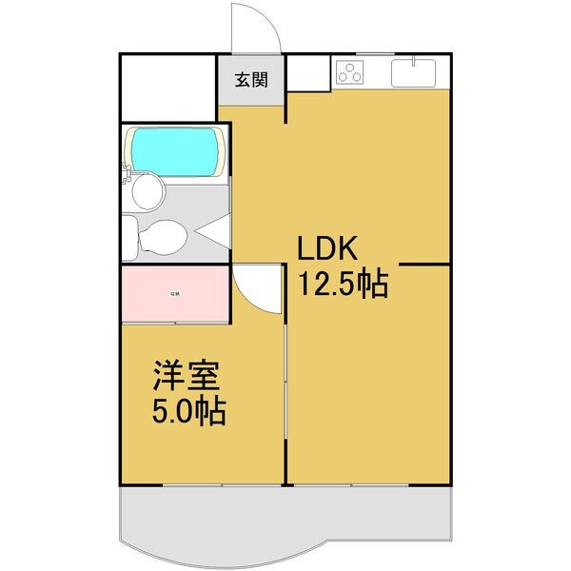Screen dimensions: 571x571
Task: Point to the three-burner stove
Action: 350,72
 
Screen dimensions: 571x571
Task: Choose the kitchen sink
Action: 414,72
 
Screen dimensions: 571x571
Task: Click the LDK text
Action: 328,250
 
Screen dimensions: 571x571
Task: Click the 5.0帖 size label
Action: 189,411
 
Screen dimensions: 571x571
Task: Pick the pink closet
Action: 175,295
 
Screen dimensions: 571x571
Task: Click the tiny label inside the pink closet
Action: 175,294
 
